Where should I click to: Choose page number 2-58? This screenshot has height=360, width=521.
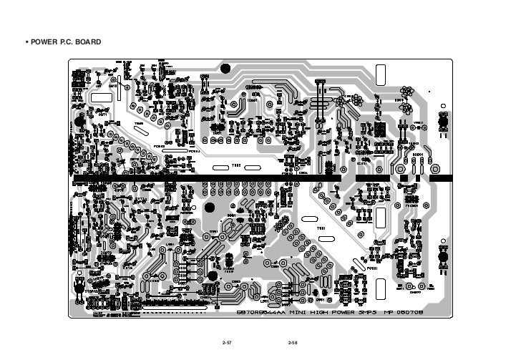[293, 344]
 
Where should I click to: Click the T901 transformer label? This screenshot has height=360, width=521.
[321, 228]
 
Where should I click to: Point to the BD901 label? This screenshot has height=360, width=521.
[417, 152]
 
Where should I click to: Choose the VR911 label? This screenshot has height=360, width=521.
[419, 123]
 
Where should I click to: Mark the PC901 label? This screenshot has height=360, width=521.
[159, 147]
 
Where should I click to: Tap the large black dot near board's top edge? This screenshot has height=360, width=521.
[225, 69]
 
